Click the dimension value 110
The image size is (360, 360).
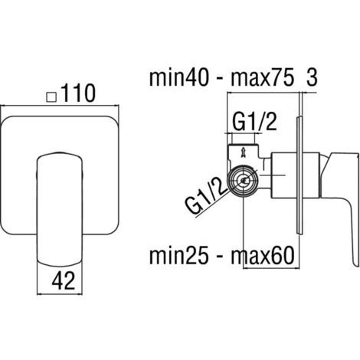[78, 93]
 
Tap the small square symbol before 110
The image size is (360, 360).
[51, 97]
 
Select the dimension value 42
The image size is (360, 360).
[64, 281]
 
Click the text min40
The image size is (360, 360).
[178, 78]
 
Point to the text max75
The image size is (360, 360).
[262, 78]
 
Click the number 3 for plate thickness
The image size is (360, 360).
[312, 78]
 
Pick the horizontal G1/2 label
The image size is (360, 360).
[254, 122]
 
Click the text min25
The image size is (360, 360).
[178, 256]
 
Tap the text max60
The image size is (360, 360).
[263, 256]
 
